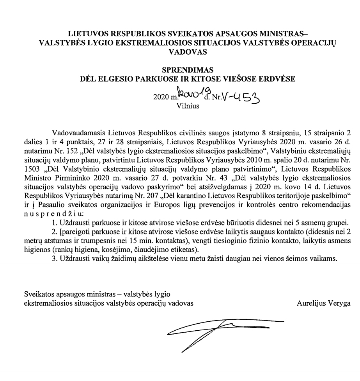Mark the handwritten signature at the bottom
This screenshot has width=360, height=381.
tap(222, 330)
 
